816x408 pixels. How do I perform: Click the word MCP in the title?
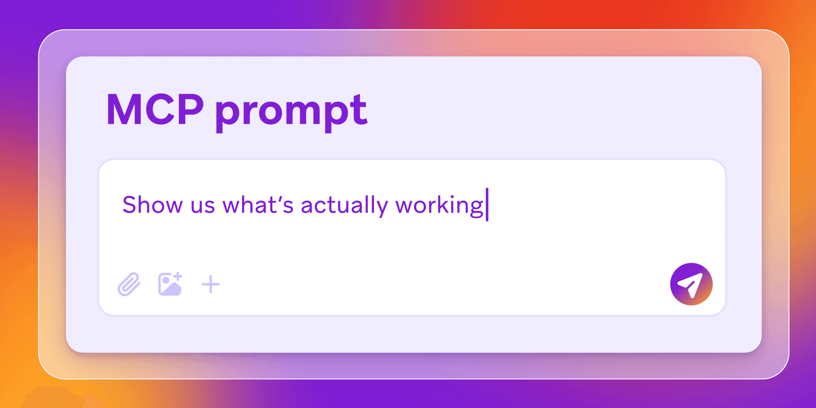click(155, 110)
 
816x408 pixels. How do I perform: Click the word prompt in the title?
click(291, 111)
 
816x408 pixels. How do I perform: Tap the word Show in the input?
click(153, 205)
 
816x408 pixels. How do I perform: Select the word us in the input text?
click(203, 206)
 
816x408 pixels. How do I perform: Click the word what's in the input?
click(258, 205)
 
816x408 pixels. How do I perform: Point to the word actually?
click(344, 206)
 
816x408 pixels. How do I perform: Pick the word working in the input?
click(439, 206)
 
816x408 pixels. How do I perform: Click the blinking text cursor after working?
click(487, 204)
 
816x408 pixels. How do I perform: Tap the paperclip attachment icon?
click(129, 284)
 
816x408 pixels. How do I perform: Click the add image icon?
click(170, 284)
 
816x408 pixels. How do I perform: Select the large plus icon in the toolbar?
click(210, 284)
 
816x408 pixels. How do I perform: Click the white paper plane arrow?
click(690, 284)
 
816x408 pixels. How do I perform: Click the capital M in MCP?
click(123, 110)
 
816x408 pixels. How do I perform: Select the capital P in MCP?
click(190, 110)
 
